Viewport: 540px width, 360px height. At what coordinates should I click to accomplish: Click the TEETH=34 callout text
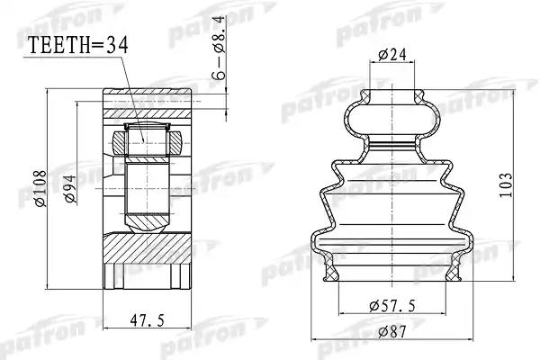click(x=77, y=45)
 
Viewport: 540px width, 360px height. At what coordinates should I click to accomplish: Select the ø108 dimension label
click(x=40, y=188)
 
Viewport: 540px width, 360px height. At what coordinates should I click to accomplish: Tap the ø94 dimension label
click(x=70, y=189)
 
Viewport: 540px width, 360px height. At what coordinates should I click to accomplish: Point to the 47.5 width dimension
click(x=148, y=320)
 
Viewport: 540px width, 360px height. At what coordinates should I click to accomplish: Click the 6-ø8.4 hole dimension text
click(x=219, y=49)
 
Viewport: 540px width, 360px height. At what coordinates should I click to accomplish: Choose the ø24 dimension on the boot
click(x=392, y=54)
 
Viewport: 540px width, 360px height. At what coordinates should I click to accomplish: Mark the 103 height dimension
click(x=506, y=185)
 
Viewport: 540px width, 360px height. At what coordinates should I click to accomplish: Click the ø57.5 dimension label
click(x=392, y=306)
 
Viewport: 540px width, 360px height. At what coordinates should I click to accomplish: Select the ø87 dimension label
click(x=392, y=332)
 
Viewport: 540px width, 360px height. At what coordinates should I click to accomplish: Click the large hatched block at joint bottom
click(x=148, y=248)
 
